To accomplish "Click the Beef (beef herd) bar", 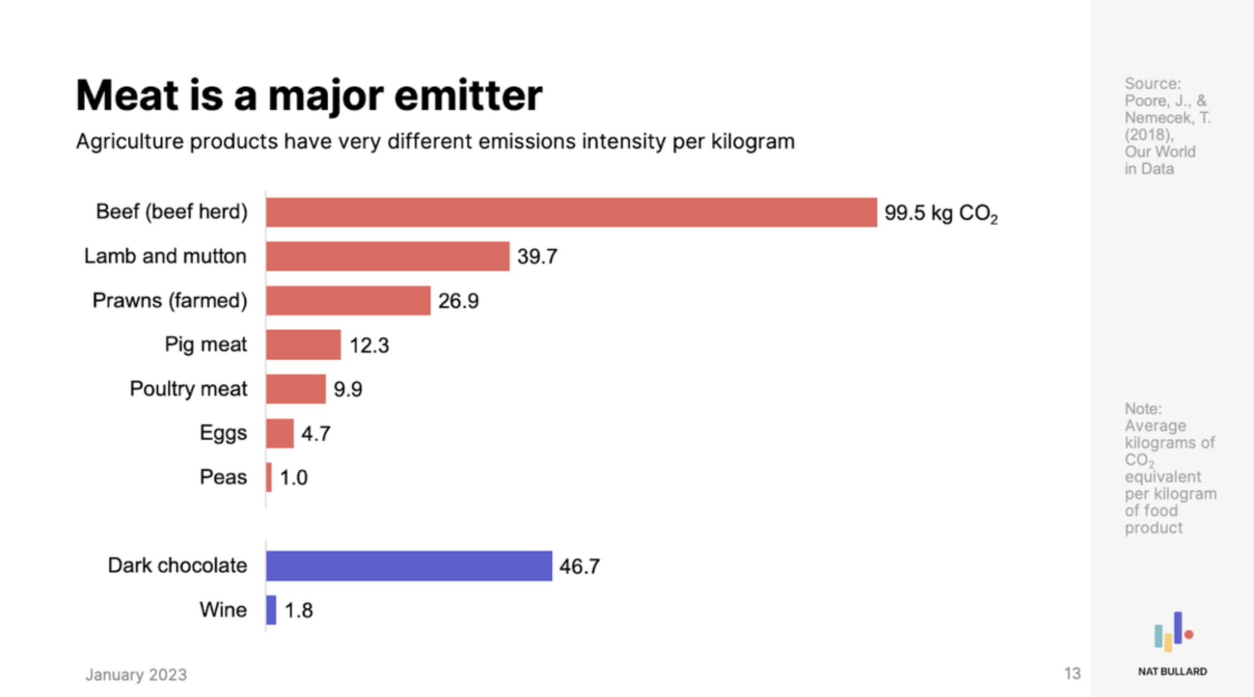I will (x=571, y=212).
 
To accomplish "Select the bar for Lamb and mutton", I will (x=387, y=256).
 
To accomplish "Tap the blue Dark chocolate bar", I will (x=409, y=566).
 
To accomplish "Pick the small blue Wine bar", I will (x=271, y=610).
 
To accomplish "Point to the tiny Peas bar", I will (x=269, y=477).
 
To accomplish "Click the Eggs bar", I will (x=280, y=433).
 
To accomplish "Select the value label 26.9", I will (x=458, y=301).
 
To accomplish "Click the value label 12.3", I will (x=369, y=345).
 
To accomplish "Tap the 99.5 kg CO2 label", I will (x=941, y=213).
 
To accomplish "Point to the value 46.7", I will (x=580, y=567).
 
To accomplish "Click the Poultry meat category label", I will (x=188, y=389).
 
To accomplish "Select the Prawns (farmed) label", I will (x=169, y=301).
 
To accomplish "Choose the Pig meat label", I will (x=205, y=345).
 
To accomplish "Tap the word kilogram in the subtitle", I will (x=752, y=142).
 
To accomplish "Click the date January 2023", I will (x=136, y=675).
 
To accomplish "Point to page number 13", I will (x=1072, y=674).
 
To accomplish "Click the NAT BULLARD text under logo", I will (x=1172, y=671).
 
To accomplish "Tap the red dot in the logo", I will (x=1189, y=635).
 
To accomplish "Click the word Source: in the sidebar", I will (x=1152, y=84).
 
